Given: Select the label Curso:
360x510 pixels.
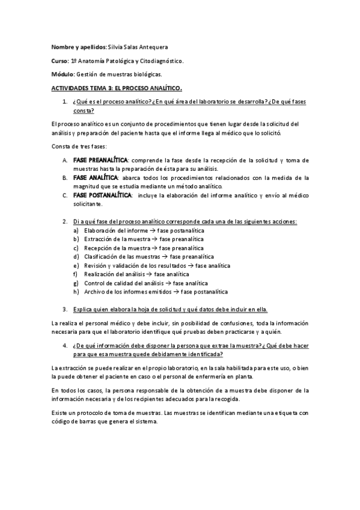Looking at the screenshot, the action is (59, 61).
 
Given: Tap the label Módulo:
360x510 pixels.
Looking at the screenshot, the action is (63, 75).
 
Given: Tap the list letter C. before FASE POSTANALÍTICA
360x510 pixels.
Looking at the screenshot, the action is (65, 195).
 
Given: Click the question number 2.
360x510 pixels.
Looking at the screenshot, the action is (65, 221).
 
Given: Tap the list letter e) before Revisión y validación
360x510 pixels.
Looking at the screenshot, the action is (76, 265).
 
